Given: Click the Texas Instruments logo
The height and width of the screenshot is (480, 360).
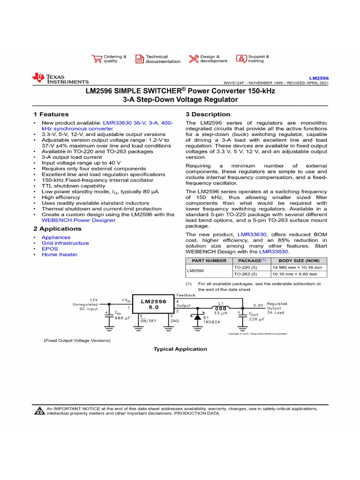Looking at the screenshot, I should coord(60,79).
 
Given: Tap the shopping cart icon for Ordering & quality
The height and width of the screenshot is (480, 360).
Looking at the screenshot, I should coord(97,59).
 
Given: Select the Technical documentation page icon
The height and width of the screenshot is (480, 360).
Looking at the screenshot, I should coord(140,59).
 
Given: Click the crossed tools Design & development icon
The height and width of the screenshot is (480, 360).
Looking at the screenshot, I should coord(194,59).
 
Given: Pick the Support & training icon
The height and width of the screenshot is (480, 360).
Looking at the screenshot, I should coord(241,59).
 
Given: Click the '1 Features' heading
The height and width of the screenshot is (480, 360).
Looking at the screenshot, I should coord(51,114).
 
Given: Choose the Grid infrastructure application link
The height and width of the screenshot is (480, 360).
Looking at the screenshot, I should coord(65,243).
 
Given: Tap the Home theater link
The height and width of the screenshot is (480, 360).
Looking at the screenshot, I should coord(60,255).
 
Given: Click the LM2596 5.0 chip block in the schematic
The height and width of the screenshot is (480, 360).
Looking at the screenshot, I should coord(154,304).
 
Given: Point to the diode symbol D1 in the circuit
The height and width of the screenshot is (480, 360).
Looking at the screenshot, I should coord(197,316).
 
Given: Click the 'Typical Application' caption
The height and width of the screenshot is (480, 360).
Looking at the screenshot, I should coord(180,349).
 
